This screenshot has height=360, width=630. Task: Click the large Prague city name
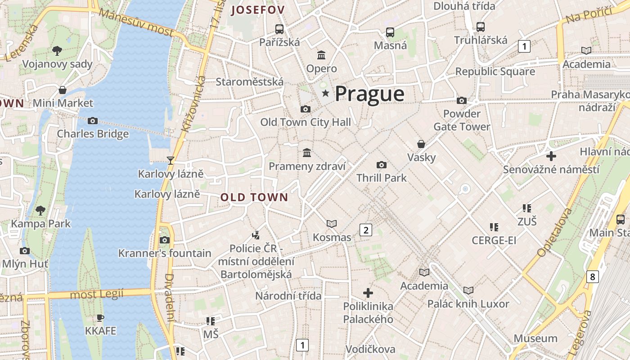[x=369, y=94]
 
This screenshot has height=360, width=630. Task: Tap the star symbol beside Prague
[x=325, y=94]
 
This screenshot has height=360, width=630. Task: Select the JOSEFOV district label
[x=258, y=10]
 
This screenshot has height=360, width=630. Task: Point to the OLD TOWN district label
[x=254, y=197]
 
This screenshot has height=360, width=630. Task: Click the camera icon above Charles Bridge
[x=93, y=121]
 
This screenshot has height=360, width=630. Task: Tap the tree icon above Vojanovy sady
[x=57, y=50]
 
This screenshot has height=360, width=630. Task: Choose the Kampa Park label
[x=41, y=223]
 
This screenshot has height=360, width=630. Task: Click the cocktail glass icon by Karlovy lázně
[x=171, y=160]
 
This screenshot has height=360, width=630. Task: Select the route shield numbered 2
[x=366, y=230]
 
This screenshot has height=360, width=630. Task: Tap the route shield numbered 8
[x=592, y=276]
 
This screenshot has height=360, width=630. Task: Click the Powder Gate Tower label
[x=462, y=120]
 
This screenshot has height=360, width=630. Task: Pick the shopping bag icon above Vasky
[x=421, y=144]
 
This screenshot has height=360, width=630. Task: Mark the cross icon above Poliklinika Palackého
[x=368, y=293]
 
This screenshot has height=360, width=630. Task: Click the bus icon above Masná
[x=390, y=32]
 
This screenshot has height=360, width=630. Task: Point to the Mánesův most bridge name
[x=136, y=22]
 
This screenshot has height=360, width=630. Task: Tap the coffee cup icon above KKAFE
[x=100, y=318]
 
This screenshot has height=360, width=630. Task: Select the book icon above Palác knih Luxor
[x=468, y=290]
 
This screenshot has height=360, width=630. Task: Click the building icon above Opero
[x=321, y=55]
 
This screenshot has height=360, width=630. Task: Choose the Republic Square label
[x=495, y=72]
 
